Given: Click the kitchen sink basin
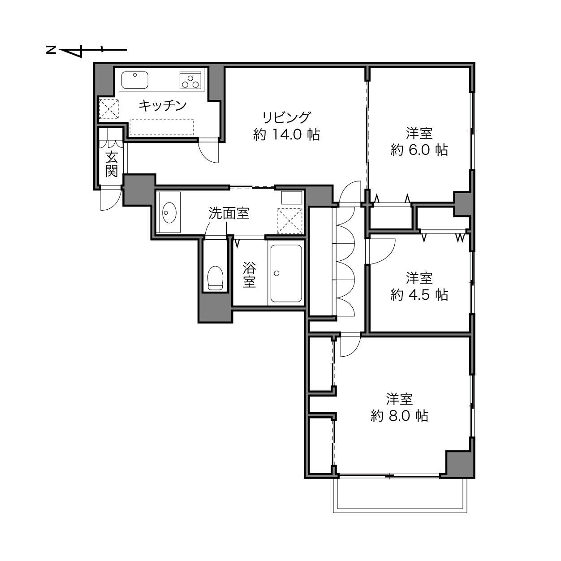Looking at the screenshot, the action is [x=134, y=80].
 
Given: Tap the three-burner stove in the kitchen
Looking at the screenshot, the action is [x=190, y=80].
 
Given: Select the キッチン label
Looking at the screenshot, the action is [x=163, y=105].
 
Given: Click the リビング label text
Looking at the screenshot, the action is [x=287, y=117].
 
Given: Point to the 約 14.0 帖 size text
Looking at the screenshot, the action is [x=286, y=135].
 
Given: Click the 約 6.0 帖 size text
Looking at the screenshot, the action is [x=419, y=150].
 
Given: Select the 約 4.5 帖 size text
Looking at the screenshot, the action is [x=419, y=295].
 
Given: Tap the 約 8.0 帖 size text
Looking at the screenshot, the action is [x=399, y=416].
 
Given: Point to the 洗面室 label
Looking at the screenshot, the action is [x=229, y=213].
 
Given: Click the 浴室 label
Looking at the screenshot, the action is [x=250, y=275].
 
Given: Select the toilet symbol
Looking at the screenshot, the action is [x=216, y=278].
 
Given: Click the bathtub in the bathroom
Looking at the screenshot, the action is [x=286, y=273].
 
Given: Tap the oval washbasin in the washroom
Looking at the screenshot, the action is [x=169, y=212].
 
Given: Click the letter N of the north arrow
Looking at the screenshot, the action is [x=51, y=50].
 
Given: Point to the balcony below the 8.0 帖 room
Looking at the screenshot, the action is [x=400, y=495].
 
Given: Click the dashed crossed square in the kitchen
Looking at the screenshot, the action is [x=109, y=109].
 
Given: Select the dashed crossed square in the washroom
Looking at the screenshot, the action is [x=289, y=220].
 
